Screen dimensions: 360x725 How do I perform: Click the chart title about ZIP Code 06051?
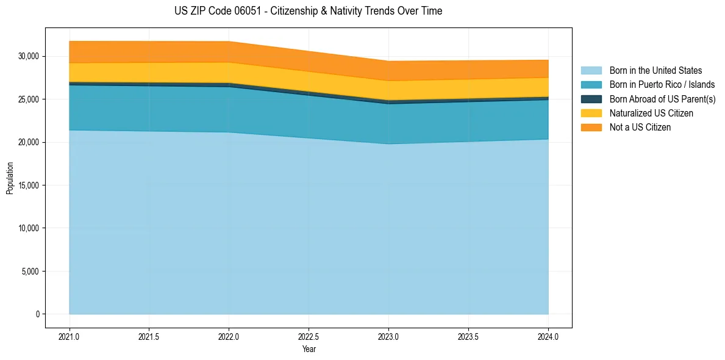pyautogui.click(x=308, y=11)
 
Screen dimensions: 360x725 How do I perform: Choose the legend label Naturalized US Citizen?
pyautogui.click(x=651, y=113)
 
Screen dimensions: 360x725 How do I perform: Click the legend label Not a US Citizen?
pyautogui.click(x=640, y=128)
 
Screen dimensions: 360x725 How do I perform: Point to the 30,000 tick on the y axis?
pyautogui.click(x=29, y=56)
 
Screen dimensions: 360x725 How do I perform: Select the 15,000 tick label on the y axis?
pyautogui.click(x=29, y=185)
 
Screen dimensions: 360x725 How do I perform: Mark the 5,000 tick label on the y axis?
pyautogui.click(x=31, y=272)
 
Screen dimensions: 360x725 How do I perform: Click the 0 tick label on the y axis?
pyautogui.click(x=37, y=314)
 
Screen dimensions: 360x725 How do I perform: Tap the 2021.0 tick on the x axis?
pyautogui.click(x=70, y=336)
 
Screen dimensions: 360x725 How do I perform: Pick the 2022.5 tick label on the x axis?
pyautogui.click(x=309, y=336)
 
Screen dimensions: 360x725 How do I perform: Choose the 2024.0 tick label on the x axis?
pyautogui.click(x=548, y=336)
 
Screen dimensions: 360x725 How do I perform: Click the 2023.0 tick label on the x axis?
pyautogui.click(x=388, y=336)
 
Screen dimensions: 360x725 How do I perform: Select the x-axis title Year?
pyautogui.click(x=309, y=349)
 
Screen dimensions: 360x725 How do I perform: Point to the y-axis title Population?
pyautogui.click(x=10, y=178)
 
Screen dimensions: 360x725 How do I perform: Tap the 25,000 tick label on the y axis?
pyautogui.click(x=29, y=99)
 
